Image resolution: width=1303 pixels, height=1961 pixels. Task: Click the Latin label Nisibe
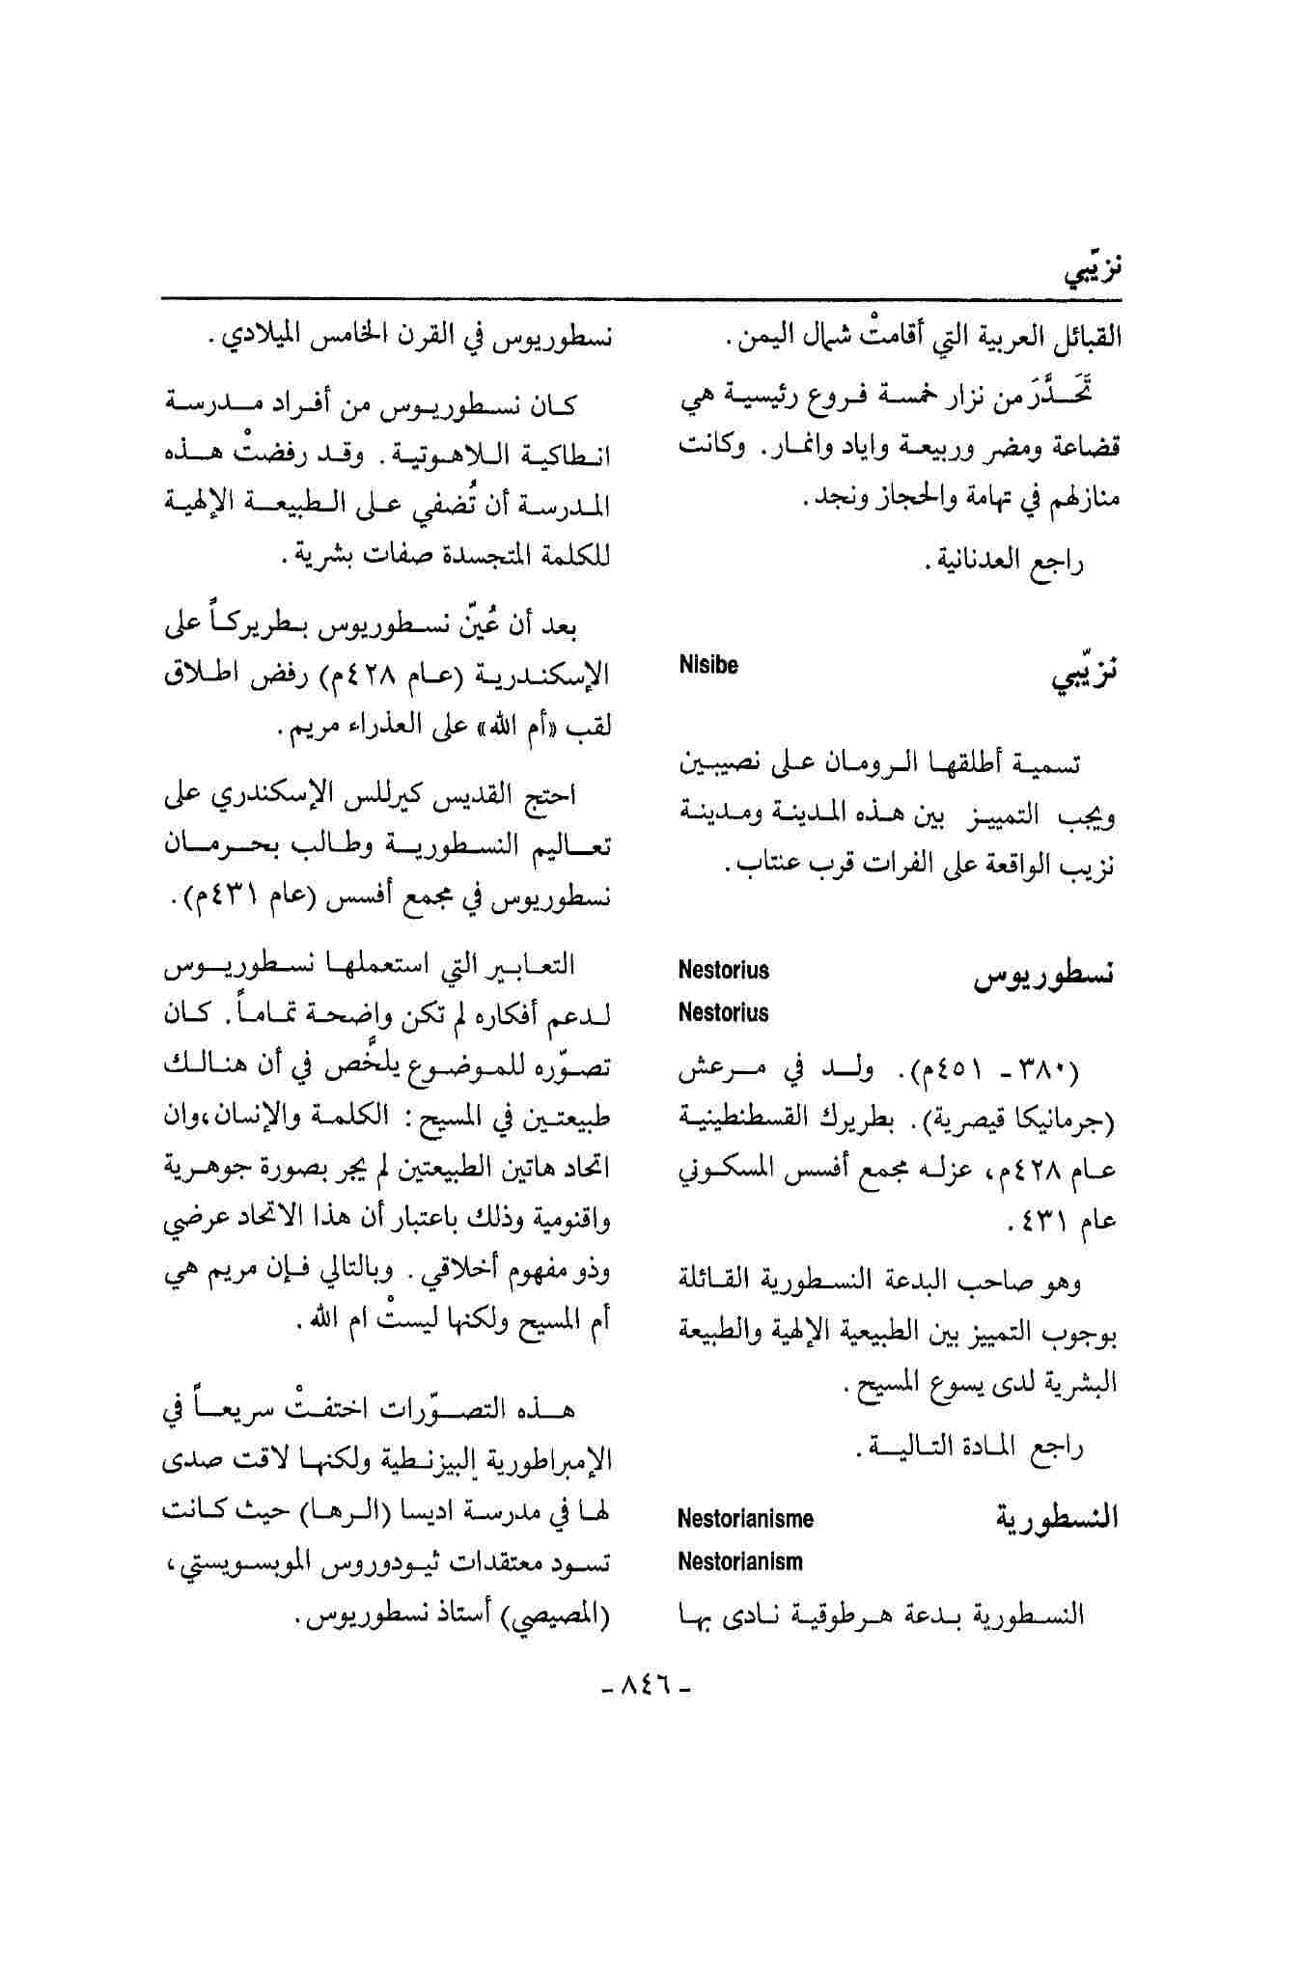[x=708, y=665]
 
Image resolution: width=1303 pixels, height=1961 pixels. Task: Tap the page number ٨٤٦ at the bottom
[x=646, y=1686]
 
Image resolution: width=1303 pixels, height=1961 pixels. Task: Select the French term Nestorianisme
[x=745, y=1519]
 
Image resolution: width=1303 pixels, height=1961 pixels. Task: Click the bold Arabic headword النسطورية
[x=1056, y=1520]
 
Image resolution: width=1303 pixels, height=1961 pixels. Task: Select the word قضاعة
[x=1083, y=448]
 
